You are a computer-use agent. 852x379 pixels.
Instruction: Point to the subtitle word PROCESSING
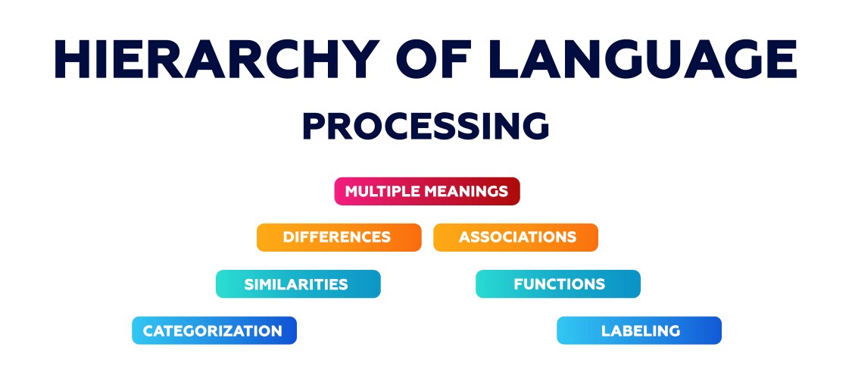pos(426,126)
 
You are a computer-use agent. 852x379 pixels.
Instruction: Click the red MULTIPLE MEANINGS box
pos(427,192)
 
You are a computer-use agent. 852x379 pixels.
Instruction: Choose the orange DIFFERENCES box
pos(339,237)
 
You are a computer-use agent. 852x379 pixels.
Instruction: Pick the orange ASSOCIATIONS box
pos(516,237)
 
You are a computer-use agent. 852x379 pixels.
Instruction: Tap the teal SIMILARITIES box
pos(298,283)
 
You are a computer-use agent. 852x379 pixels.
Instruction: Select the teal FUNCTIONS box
pos(558,283)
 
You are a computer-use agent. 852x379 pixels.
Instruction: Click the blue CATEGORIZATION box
pos(214,330)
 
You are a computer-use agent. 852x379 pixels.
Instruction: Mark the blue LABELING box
pos(639,330)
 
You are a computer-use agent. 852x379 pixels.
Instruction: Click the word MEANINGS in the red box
pos(466,192)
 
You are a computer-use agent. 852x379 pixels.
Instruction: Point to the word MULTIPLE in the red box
pos(382,192)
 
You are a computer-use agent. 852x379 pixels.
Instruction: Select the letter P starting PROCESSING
pos(314,126)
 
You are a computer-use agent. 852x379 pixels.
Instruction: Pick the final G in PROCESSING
pos(535,126)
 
